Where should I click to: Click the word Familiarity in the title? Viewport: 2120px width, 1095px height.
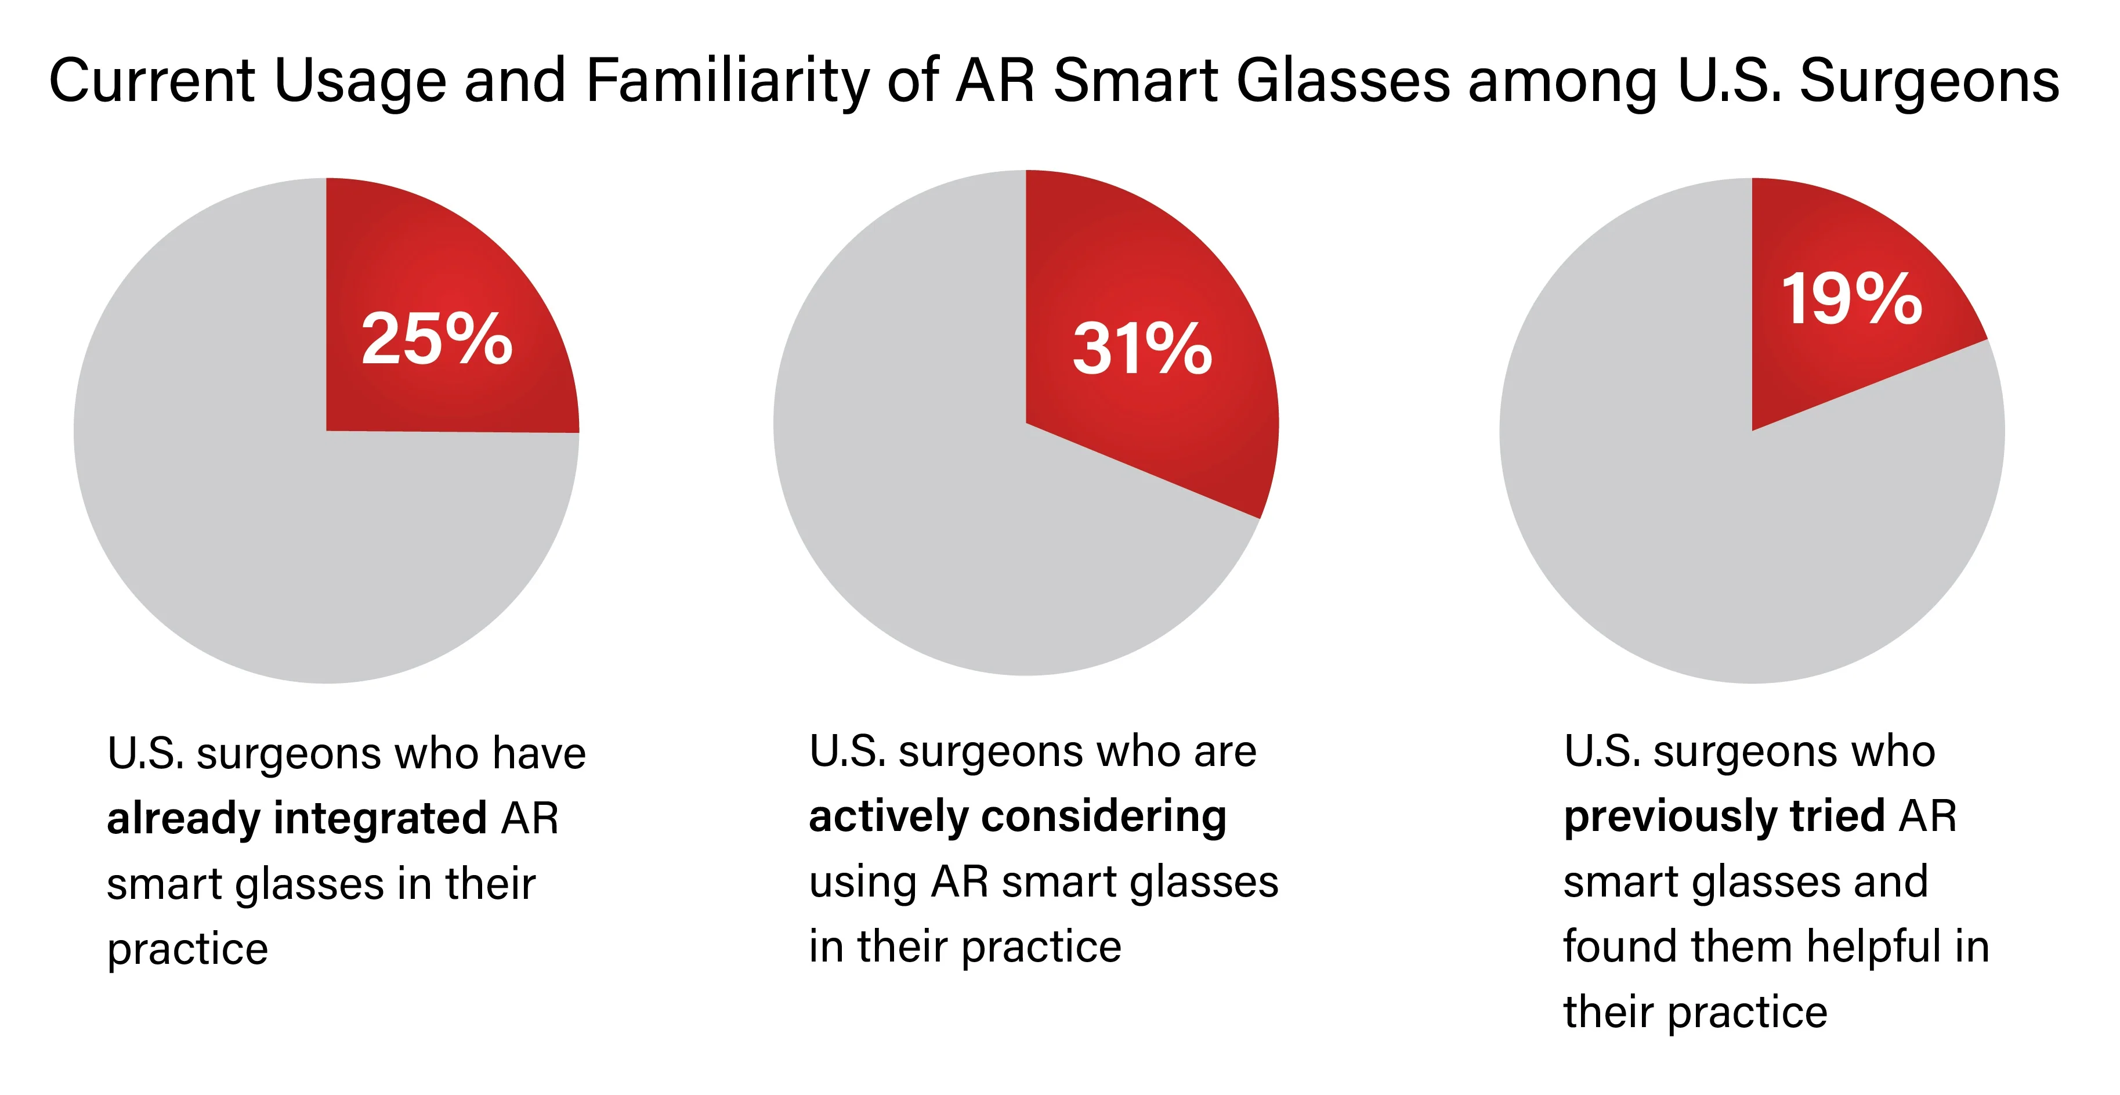(x=727, y=81)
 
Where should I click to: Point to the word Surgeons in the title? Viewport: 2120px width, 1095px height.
(x=1929, y=81)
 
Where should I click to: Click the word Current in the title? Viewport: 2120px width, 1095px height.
(x=152, y=81)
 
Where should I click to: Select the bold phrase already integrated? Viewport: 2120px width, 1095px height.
(x=297, y=818)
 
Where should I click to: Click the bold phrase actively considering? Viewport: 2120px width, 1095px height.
(x=1017, y=816)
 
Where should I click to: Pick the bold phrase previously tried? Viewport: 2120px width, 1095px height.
(x=1724, y=816)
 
